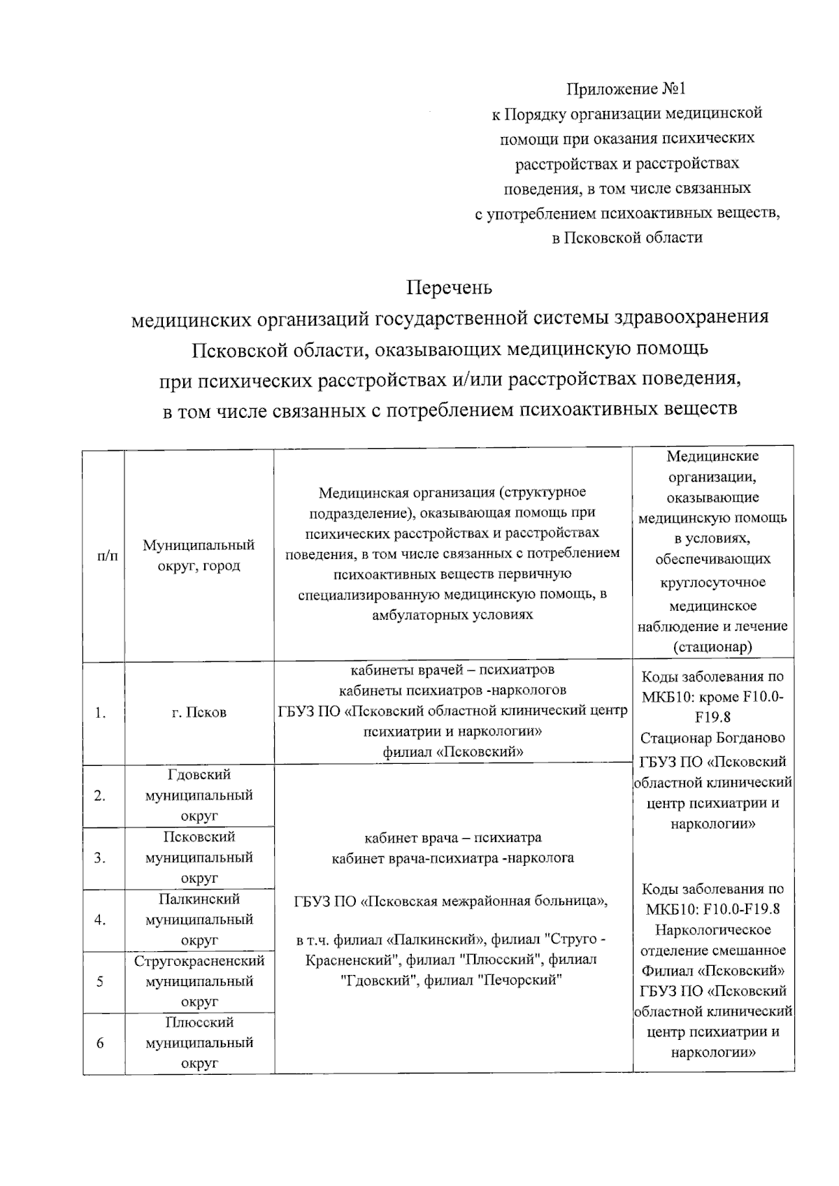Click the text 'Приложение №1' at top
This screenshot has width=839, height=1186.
tap(626, 89)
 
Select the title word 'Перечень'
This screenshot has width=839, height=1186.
tap(450, 287)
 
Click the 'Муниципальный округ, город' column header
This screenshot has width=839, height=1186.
tap(199, 555)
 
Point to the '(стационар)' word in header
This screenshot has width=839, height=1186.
tap(712, 646)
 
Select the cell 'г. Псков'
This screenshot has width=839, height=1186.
tap(199, 713)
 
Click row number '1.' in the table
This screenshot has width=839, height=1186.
tap(101, 713)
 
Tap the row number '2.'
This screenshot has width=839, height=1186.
tap(100, 795)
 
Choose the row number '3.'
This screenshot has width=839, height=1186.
tap(100, 858)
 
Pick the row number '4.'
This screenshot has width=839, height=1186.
tap(100, 920)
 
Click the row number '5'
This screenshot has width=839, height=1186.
tap(100, 981)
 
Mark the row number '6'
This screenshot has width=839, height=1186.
tap(100, 1043)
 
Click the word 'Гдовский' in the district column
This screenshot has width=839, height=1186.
tap(199, 775)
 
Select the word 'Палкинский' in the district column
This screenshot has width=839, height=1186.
tap(199, 899)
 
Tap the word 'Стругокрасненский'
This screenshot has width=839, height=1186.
tap(199, 961)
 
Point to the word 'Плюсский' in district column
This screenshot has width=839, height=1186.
tap(199, 1022)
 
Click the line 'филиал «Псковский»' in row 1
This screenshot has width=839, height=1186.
tap(453, 752)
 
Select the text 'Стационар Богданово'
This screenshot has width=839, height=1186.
tap(712, 738)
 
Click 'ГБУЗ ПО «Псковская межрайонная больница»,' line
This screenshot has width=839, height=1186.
tap(452, 901)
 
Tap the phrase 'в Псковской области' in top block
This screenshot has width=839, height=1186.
tap(626, 238)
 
